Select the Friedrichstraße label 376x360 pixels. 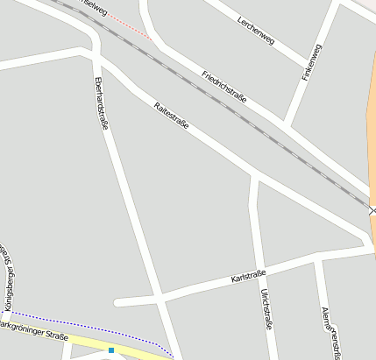(224, 87)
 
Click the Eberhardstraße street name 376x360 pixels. (100, 103)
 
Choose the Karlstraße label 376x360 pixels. (248, 277)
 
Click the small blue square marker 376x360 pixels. (111, 350)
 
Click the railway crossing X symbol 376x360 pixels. (372, 210)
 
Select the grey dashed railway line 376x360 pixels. (263, 123)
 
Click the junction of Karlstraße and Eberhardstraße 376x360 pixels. (160, 295)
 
